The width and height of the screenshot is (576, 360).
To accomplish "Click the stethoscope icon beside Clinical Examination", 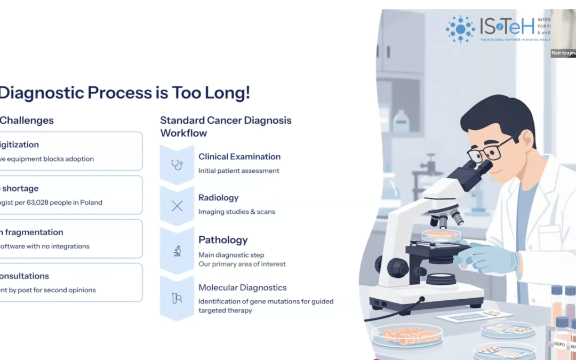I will point(177,165).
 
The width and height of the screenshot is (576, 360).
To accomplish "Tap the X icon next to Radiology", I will point(177,206).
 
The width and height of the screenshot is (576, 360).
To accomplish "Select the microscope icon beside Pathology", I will point(177,251).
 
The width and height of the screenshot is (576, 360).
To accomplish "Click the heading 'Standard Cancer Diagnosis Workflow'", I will point(226,126).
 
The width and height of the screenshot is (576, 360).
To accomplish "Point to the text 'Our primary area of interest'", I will point(242,264).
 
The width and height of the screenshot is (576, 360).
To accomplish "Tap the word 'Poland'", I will point(91,203).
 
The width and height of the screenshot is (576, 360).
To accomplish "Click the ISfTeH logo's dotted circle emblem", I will point(460,29).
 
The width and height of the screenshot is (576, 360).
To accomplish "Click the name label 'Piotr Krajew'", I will point(563,53).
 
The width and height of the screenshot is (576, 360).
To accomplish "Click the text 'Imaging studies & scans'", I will point(237,212).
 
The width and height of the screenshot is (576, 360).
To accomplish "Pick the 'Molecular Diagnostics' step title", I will point(242,288).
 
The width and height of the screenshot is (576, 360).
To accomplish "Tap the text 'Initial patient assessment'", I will point(238,171).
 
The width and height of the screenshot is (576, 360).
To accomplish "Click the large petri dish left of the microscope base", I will point(406,334).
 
